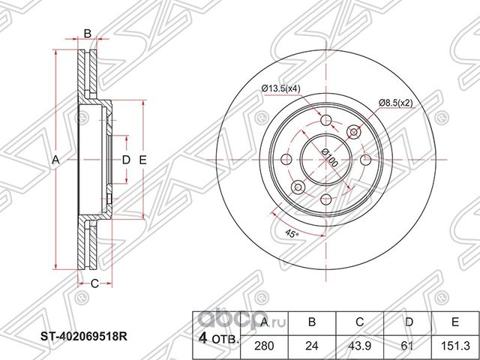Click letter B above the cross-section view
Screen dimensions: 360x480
pos(87,32)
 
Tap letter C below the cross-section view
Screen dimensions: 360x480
pos(94,283)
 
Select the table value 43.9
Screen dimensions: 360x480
pos(360,346)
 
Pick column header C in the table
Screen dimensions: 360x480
pos(360,322)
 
